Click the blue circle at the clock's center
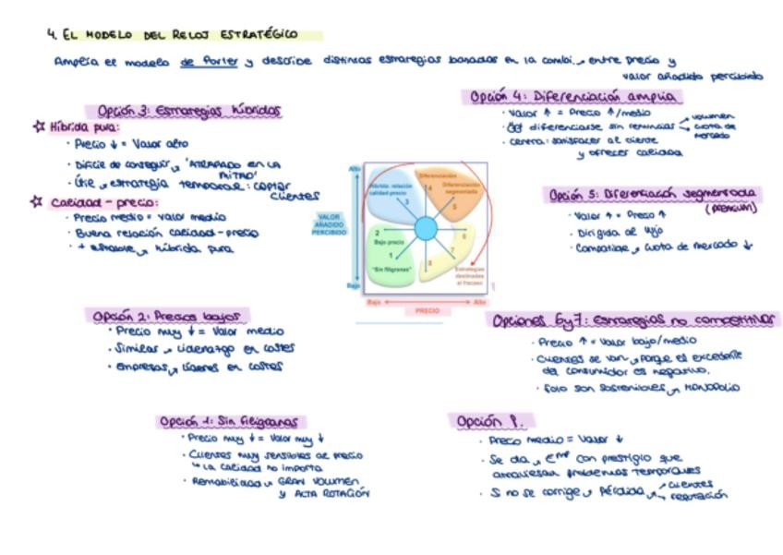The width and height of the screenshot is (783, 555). click(x=425, y=228)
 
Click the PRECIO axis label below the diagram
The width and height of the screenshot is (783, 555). click(x=427, y=311)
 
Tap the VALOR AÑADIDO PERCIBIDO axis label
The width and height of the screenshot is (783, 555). click(x=330, y=224)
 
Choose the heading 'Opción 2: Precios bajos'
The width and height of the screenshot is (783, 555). click(x=169, y=316)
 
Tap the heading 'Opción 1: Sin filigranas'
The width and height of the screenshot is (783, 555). click(x=231, y=421)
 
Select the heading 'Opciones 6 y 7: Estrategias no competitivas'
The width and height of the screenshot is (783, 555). click(x=634, y=320)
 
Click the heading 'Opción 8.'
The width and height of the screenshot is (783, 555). click(x=490, y=421)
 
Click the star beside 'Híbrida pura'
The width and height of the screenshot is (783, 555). click(x=38, y=127)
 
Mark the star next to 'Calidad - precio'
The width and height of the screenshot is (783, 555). click(x=38, y=200)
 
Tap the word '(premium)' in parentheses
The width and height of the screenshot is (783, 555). click(x=730, y=209)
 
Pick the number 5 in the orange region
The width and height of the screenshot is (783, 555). click(x=453, y=207)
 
